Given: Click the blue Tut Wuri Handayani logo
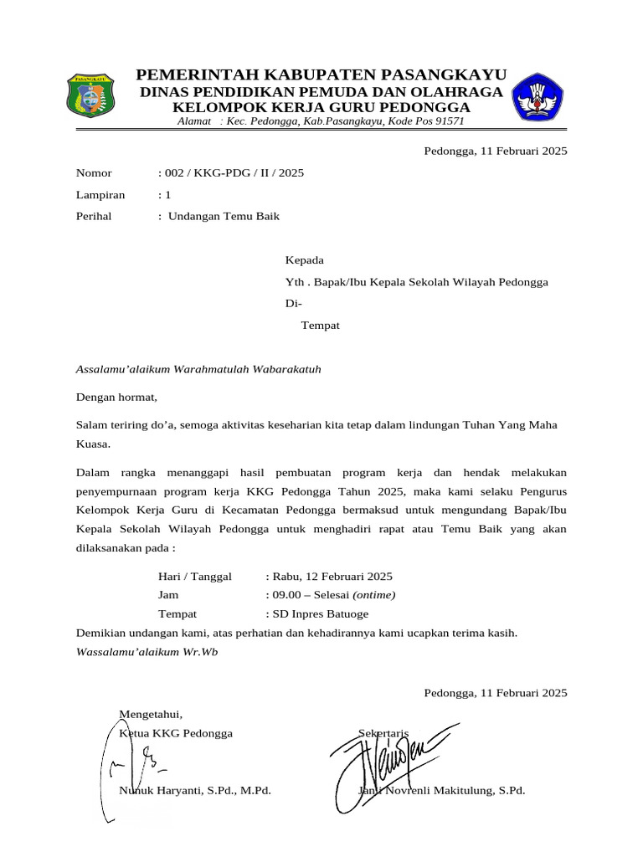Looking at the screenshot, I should pos(538,97).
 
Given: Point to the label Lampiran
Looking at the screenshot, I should pos(100,195).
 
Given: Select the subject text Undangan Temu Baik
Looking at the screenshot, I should pos(224,216).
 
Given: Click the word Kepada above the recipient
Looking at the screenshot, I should pos(305,260).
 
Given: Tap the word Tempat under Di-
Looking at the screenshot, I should pos(321,326).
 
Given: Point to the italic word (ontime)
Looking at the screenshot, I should pos(374,595).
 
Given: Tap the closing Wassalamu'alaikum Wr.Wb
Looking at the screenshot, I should pos(147,651).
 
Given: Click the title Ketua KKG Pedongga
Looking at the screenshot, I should pos(177,733).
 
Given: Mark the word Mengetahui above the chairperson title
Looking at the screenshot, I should pos(151,714).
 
